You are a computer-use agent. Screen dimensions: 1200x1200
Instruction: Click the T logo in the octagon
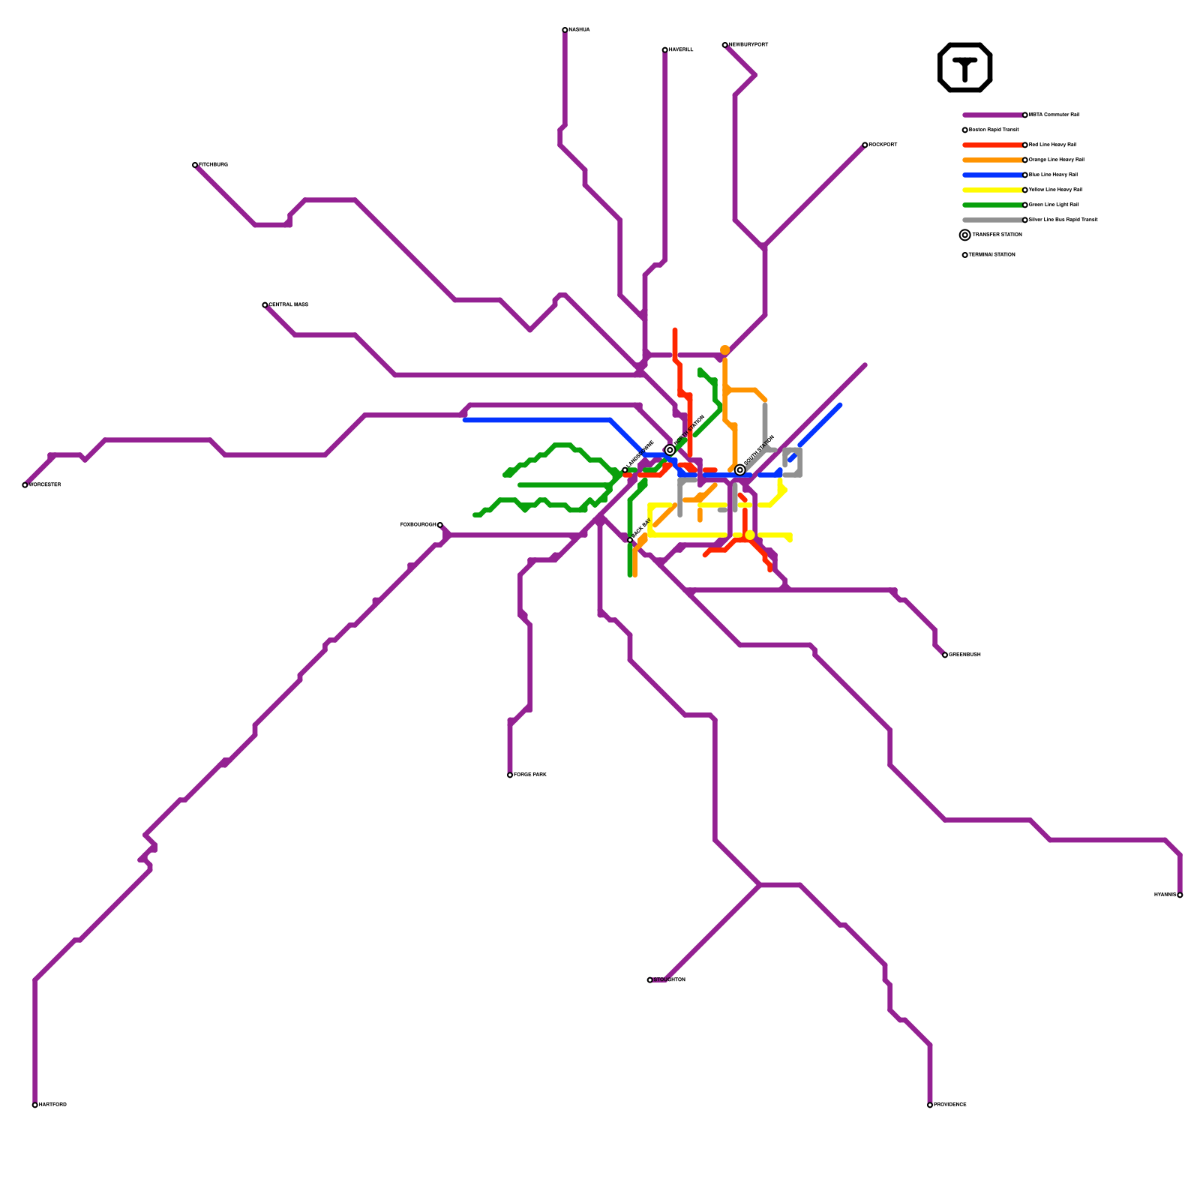[x=965, y=67]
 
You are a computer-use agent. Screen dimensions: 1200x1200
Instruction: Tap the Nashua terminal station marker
[x=565, y=30]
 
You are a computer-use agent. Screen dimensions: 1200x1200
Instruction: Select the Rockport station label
[x=883, y=145]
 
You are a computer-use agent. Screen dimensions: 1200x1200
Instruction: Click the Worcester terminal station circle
[x=25, y=485]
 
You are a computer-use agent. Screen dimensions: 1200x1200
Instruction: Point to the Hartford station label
[x=52, y=1105]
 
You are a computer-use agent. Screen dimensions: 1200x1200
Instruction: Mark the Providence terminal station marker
[x=930, y=1105]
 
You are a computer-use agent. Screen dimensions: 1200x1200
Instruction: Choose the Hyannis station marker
[x=1180, y=895]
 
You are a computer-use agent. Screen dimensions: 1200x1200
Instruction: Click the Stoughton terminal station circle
[x=649, y=980]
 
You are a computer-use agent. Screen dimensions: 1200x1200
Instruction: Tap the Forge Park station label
[x=530, y=775]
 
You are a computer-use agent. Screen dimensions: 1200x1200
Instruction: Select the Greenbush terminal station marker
[x=945, y=655]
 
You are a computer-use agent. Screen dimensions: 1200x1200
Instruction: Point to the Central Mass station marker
[x=265, y=305]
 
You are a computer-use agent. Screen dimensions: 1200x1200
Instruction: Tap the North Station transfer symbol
[x=670, y=450]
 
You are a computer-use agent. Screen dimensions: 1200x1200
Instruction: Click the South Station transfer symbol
[x=740, y=470]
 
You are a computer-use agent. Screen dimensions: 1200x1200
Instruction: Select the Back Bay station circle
[x=630, y=540]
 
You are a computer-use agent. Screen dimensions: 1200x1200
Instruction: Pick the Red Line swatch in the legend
[x=992, y=145]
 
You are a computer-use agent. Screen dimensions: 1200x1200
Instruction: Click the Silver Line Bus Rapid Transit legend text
[x=1063, y=220]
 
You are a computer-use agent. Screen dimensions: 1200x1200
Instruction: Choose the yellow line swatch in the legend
[x=992, y=190]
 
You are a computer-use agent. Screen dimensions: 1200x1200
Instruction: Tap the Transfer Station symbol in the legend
[x=965, y=235]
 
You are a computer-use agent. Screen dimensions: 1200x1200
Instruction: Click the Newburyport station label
[x=748, y=45]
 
